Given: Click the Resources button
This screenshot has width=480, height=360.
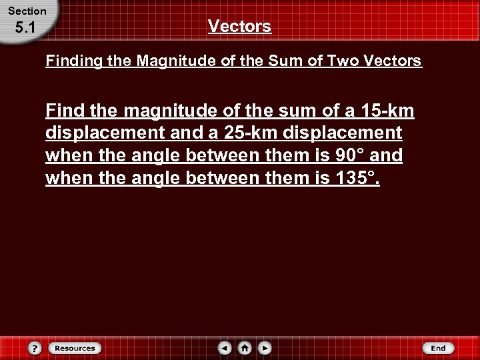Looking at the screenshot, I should tap(75, 348).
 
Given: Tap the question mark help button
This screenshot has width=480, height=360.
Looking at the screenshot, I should tap(35, 348).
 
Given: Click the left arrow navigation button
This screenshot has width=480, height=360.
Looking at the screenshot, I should tap(225, 348).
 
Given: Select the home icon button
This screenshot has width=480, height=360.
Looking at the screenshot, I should tap(245, 348).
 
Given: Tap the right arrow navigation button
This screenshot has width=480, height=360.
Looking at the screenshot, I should tap(265, 348).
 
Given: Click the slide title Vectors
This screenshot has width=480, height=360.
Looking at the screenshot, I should tap(239, 27).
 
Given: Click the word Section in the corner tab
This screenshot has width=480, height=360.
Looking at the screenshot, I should tap(27, 11).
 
